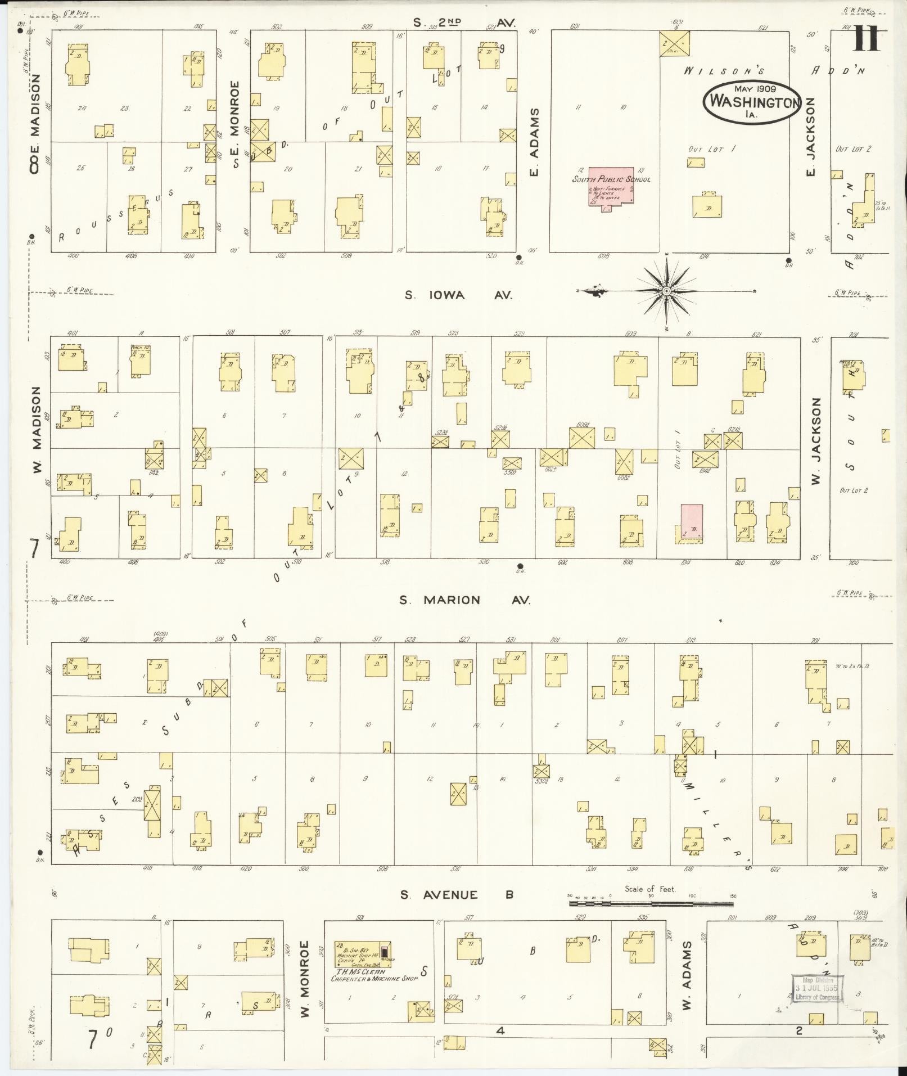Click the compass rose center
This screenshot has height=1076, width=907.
click(x=666, y=291)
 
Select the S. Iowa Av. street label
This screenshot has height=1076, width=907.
click(x=458, y=295)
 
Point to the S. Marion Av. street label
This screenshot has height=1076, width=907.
click(x=464, y=600)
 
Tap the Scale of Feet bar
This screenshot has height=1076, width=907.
click(x=651, y=903)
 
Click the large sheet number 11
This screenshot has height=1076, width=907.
click(x=867, y=40)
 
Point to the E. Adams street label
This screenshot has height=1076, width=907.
click(x=535, y=142)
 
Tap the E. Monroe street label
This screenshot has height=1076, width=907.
click(x=236, y=125)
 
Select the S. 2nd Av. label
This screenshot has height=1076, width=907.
click(x=464, y=22)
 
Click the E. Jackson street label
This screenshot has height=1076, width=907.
click(x=810, y=136)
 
